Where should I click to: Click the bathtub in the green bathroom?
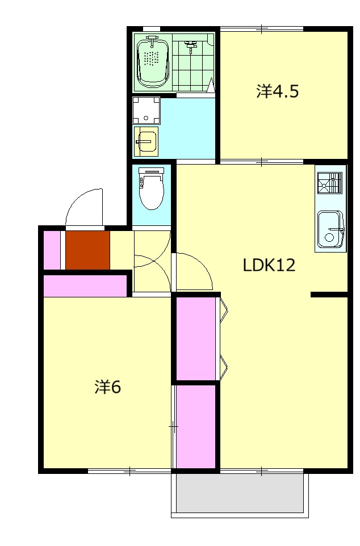click(x=153, y=62)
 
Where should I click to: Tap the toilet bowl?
click(x=151, y=188)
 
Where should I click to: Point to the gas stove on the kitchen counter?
click(x=330, y=183)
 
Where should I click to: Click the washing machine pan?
click(x=146, y=110)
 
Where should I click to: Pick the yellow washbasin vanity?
click(x=146, y=141)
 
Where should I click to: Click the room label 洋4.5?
click(x=278, y=91)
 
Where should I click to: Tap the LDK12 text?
click(x=269, y=265)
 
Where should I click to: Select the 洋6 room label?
click(x=108, y=387)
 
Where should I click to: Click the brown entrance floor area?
click(x=88, y=250)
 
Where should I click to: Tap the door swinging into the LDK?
click(x=194, y=271)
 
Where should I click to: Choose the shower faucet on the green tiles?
click(x=190, y=45)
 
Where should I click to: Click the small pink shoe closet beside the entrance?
click(x=52, y=250)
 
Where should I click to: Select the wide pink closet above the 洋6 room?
click(x=85, y=286)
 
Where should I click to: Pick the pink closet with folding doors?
click(x=196, y=338)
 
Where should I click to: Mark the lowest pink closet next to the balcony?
click(x=196, y=427)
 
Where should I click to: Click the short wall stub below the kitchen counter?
click(x=329, y=295)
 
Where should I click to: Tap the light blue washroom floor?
click(x=187, y=128)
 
